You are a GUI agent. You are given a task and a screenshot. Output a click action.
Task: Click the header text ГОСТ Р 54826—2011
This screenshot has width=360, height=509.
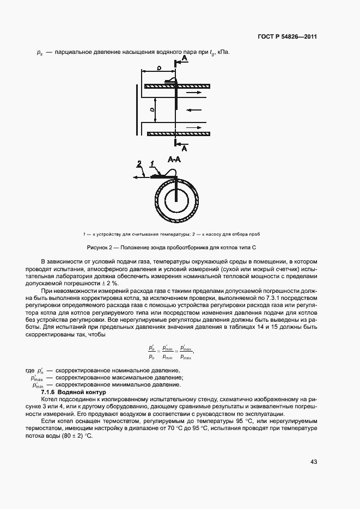coord(286,37)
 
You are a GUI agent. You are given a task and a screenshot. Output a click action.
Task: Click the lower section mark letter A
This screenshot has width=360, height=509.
coord(184,148)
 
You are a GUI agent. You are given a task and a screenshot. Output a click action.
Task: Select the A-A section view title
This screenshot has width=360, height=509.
coord(175,160)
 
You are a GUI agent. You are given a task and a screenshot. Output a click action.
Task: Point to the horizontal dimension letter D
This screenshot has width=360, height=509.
coord(157,68)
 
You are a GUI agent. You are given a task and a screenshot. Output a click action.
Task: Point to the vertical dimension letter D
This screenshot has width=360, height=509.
coord(153,110)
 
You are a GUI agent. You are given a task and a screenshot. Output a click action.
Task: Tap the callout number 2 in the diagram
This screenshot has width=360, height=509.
coord(139,163)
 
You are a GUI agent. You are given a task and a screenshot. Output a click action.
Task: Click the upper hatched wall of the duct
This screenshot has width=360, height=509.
coord(177,85)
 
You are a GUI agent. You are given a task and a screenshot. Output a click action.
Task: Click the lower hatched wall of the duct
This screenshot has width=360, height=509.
coord(177,133)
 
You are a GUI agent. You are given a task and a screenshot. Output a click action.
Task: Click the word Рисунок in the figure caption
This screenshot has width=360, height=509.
coord(98,248)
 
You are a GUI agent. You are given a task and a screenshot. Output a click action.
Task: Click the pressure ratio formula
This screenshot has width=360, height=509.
coord(170,352)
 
